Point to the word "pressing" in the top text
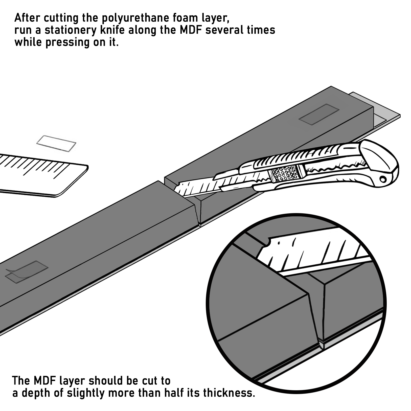point(67,42)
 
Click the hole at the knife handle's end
point(383,179)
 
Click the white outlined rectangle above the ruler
point(56,143)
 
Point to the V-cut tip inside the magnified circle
point(320,341)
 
